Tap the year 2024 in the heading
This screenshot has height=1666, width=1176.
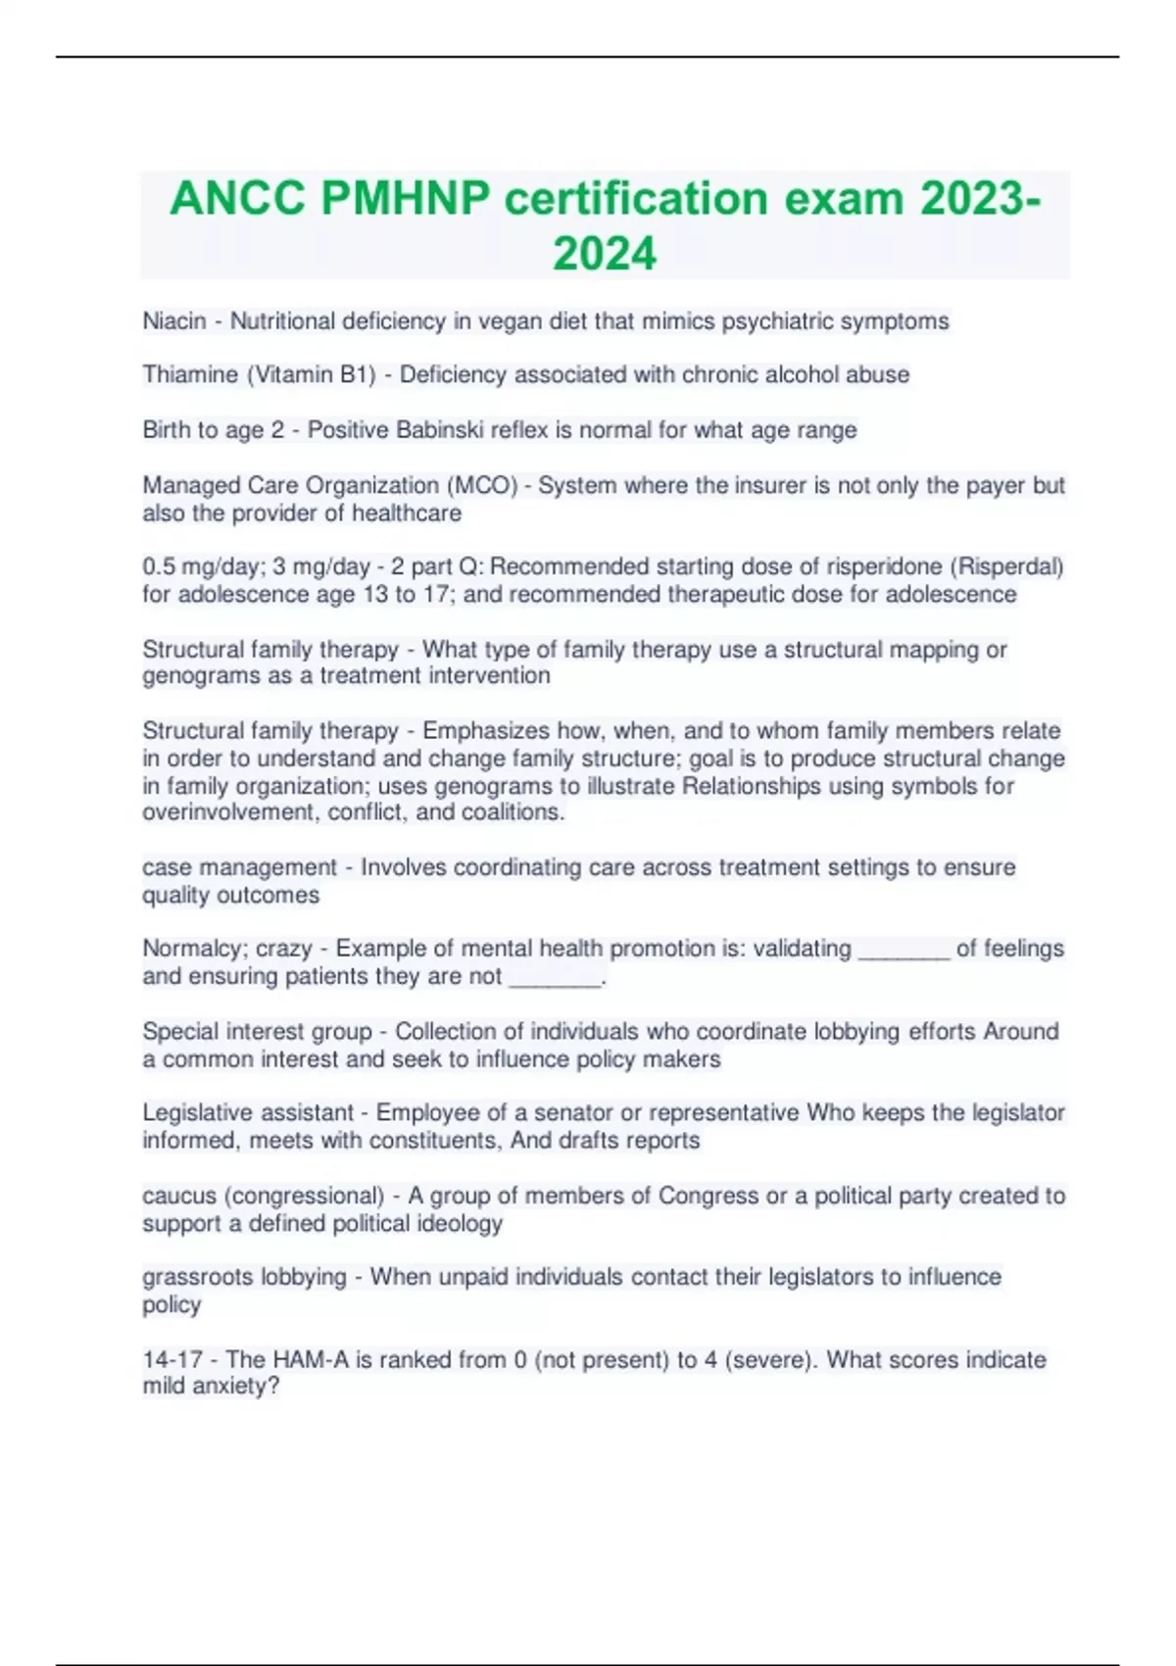(x=605, y=254)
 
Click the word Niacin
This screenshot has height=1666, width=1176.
(x=174, y=321)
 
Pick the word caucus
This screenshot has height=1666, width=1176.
(x=179, y=1197)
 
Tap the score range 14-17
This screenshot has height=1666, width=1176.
(x=172, y=1360)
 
